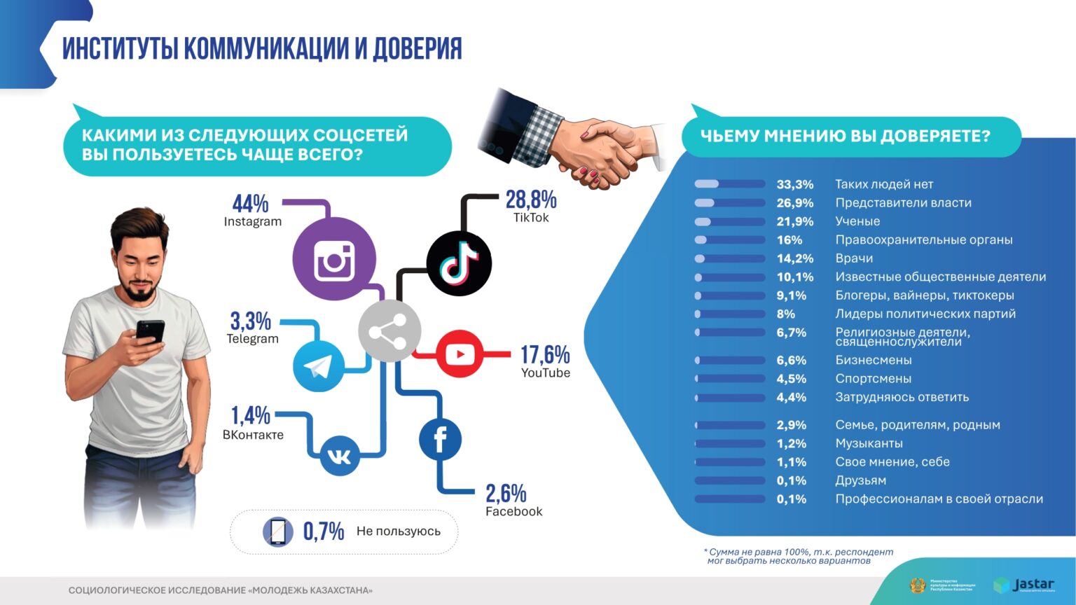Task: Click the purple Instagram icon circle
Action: (334, 259)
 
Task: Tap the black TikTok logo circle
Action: (459, 264)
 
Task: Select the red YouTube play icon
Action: (460, 354)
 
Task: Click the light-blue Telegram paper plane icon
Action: (318, 366)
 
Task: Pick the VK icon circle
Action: (340, 457)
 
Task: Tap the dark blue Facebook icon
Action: (440, 440)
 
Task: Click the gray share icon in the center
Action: (389, 331)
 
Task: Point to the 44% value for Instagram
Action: (250, 204)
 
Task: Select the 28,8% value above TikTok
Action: (531, 200)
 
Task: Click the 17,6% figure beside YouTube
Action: (544, 354)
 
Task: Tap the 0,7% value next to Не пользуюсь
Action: (323, 531)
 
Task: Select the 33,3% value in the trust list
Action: (794, 185)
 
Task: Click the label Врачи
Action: (854, 258)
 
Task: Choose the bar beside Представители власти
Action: (729, 203)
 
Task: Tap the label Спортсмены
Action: (873, 379)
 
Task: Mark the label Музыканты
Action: (869, 444)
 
